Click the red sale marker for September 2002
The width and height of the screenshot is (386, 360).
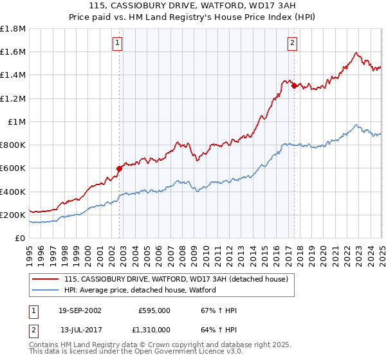pyautogui.click(x=119, y=169)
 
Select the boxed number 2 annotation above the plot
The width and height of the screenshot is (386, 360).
pyautogui.click(x=292, y=43)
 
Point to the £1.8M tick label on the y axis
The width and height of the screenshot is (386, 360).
pyautogui.click(x=14, y=28)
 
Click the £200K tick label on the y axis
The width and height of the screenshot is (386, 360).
pyautogui.click(x=13, y=215)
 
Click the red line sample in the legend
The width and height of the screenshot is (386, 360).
pyautogui.click(x=46, y=279)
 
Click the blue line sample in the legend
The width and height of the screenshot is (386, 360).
pyautogui.click(x=46, y=290)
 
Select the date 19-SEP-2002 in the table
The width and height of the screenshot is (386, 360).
pyautogui.click(x=80, y=310)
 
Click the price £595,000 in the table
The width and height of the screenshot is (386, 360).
pyautogui.click(x=154, y=310)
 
